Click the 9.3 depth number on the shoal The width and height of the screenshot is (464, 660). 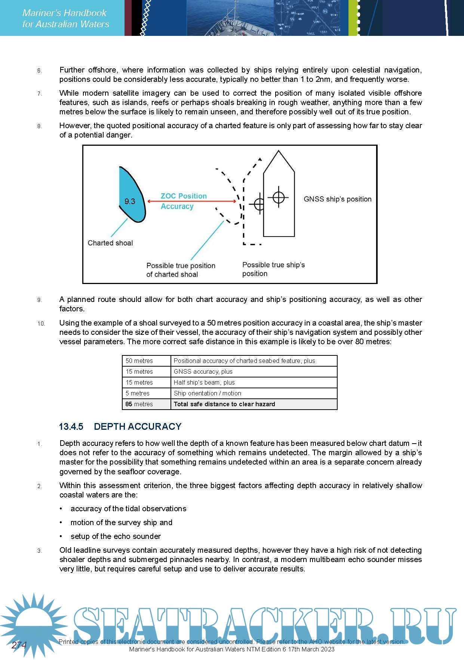[130, 201]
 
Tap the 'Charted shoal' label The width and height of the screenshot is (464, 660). [110, 243]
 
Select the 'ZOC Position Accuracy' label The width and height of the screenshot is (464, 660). [183, 201]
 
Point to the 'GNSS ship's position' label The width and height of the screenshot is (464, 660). [337, 199]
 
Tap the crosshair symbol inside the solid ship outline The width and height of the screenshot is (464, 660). [279, 197]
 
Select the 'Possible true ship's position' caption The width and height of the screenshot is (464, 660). [273, 269]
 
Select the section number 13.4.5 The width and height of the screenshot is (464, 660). [71, 426]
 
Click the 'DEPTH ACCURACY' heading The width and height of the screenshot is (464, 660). [138, 426]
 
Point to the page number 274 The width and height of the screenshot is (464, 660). [19, 645]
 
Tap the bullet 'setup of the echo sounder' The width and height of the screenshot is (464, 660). [116, 536]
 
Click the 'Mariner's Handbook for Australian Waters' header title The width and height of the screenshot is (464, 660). [65, 18]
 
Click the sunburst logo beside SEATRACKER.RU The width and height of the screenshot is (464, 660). [34, 624]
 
